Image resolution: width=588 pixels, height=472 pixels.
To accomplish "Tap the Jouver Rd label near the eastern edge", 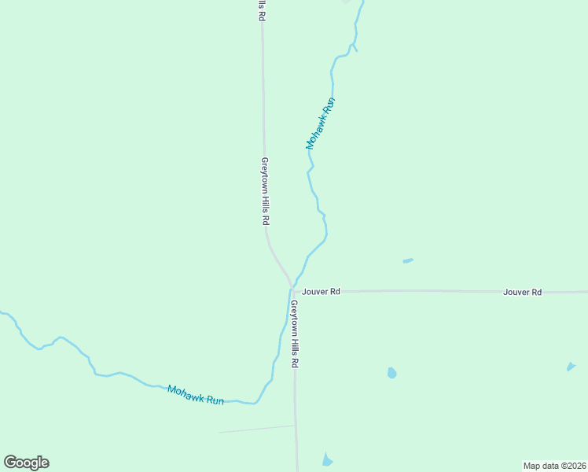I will point(523,292).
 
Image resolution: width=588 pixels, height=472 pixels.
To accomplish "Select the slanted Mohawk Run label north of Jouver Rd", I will point(321,124).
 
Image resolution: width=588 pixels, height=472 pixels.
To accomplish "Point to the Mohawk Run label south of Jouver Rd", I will point(196,395).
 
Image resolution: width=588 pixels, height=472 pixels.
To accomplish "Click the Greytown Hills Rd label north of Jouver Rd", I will point(266,192).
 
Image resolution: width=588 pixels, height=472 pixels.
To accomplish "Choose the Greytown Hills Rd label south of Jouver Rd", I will point(295,334).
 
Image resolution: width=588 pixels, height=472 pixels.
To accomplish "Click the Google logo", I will point(26,463).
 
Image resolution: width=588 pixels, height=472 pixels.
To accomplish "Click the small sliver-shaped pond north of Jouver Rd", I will point(408,260).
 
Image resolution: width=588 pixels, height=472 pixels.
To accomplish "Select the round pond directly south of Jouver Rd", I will point(391,372).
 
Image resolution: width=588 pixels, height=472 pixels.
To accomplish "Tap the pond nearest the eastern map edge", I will point(571,367).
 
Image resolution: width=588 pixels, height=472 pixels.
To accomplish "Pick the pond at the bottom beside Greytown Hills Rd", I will point(327,459).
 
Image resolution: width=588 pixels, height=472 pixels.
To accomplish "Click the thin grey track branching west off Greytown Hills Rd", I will point(255,429).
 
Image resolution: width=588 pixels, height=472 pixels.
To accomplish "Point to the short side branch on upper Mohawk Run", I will point(355,48).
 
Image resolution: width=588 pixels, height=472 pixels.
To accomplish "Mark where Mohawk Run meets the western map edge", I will point(2,312).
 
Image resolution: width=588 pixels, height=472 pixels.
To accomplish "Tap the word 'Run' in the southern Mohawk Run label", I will point(215,400).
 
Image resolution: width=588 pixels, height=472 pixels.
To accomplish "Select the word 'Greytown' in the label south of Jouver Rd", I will point(294,321).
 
